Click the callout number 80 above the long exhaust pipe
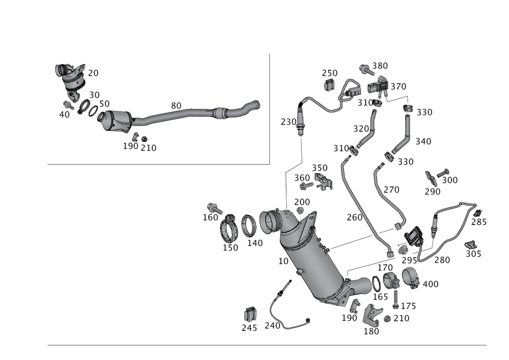[x=176, y=105]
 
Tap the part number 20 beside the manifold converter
[x=93, y=73]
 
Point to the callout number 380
[x=380, y=65]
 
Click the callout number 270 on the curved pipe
[x=391, y=189]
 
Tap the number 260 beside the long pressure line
[x=354, y=217]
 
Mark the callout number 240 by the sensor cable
[x=273, y=325]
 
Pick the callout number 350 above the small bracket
[x=320, y=168]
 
